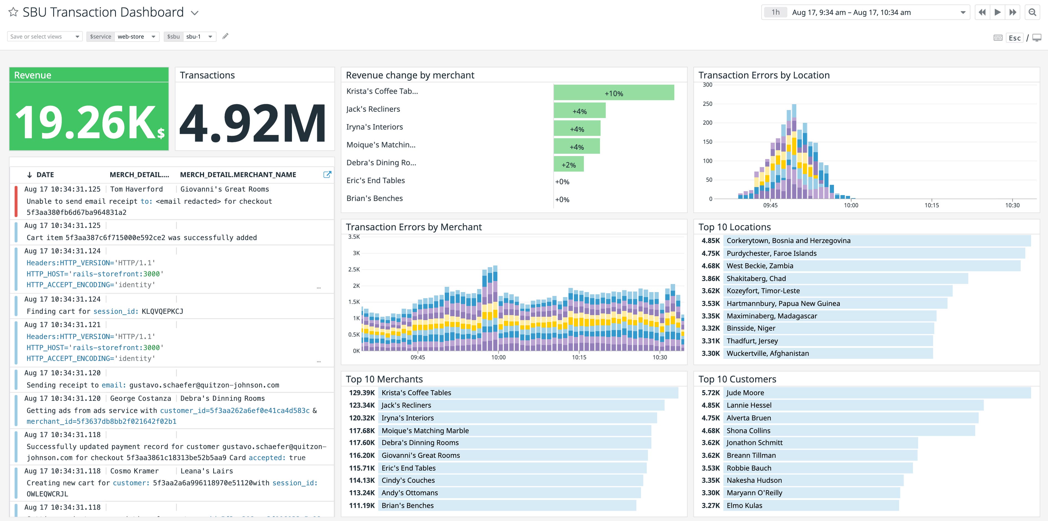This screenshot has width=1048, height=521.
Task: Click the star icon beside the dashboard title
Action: coord(13,12)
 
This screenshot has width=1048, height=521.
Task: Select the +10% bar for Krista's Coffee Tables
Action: coord(614,93)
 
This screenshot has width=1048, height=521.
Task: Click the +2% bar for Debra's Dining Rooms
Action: coord(568,165)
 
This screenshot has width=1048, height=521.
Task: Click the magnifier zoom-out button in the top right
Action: coord(1032,12)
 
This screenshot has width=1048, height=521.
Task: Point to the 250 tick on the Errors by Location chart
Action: coord(708,104)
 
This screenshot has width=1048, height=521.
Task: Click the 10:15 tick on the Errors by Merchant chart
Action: coord(579,357)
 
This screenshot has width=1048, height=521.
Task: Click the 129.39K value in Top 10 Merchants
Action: coord(362,392)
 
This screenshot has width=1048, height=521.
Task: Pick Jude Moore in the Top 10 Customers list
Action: coord(745,392)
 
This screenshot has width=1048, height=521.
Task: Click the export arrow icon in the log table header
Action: coord(327,175)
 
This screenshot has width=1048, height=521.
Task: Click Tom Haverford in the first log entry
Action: coord(136,189)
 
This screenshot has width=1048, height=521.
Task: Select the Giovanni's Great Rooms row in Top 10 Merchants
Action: coord(420,455)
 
